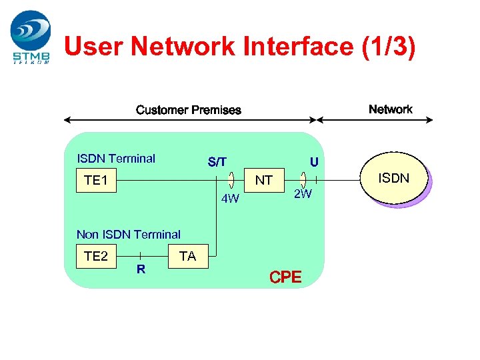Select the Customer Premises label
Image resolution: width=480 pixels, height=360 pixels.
tap(189, 110)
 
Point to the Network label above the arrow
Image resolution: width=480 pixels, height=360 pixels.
tap(390, 109)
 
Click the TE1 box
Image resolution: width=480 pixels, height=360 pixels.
tap(97, 181)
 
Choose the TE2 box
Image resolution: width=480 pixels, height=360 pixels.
tap(97, 256)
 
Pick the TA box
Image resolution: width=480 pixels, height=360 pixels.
tap(188, 256)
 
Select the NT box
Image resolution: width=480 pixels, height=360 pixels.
tap(264, 181)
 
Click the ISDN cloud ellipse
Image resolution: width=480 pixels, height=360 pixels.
tap(395, 178)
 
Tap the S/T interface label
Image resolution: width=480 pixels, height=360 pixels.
tap(217, 162)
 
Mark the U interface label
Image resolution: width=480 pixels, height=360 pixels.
tap(313, 162)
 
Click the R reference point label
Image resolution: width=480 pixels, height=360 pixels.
tap(141, 270)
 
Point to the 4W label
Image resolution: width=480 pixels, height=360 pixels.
tap(231, 199)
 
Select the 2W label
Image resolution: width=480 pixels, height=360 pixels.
tap(303, 194)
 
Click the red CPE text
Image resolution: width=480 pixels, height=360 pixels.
tap(285, 277)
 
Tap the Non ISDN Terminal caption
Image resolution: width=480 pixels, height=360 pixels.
tap(129, 234)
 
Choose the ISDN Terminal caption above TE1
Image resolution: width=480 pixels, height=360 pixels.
tap(116, 159)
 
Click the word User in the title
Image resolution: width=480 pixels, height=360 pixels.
tap(94, 47)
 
